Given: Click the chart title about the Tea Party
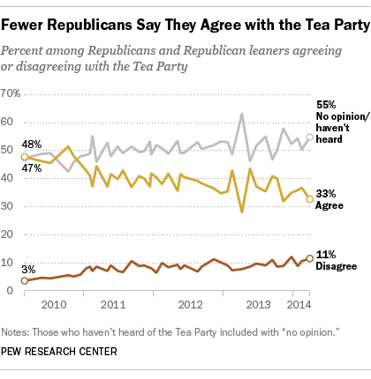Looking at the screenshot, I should [x=184, y=18].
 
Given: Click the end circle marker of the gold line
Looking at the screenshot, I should [x=309, y=199].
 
